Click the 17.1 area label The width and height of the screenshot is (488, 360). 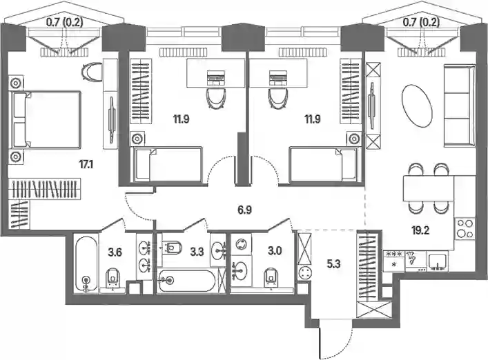coord(86,164)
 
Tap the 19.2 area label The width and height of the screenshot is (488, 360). coord(420,230)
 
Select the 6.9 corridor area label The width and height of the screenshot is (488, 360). coord(245,210)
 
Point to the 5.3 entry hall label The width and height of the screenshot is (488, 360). coord(333,264)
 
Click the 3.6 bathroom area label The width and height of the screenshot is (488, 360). coord(115,252)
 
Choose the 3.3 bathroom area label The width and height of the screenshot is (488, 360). coord(197,251)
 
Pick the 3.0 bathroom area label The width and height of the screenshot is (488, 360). coord(275,250)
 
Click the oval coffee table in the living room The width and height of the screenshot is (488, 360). coord(417,105)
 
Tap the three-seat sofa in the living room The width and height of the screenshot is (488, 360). coord(459,106)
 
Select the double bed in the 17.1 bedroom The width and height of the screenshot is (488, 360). coord(46,120)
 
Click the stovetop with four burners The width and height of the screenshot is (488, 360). coord(464,228)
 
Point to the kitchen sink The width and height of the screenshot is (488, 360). coord(438,261)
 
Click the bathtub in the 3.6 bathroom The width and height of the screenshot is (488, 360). coord(86,264)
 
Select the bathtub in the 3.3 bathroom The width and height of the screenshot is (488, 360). coord(186,281)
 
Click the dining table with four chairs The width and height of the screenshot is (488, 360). coord(428,188)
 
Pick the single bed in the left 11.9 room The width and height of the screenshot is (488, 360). coord(168,164)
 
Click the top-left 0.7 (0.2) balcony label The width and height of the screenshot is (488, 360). coord(64,22)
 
